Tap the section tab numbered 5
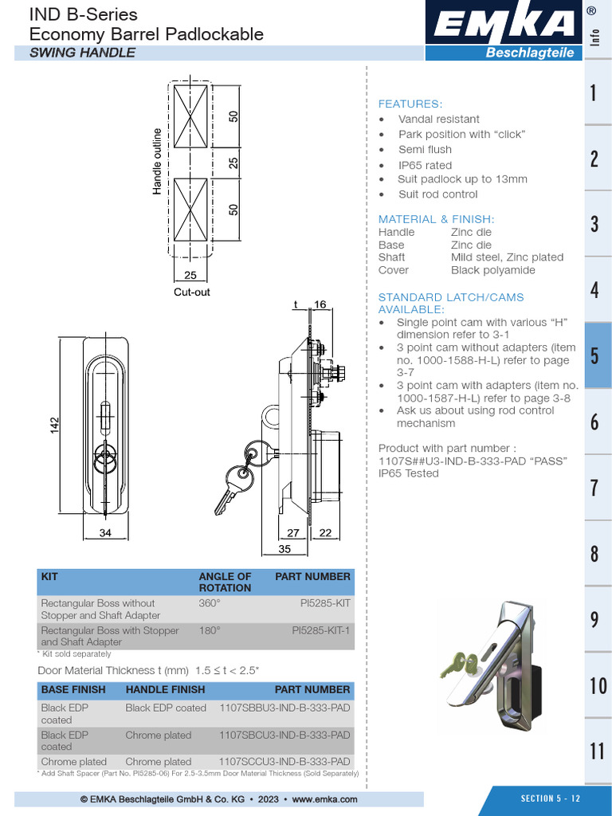click(594, 355)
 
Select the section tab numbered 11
click(598, 750)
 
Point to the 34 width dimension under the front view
click(105, 533)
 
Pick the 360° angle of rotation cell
click(210, 603)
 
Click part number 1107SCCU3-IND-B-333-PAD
click(284, 761)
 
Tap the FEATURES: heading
click(410, 104)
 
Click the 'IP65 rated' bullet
click(425, 165)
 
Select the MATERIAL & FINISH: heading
click(436, 219)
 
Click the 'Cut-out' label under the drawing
click(191, 292)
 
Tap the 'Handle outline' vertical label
click(157, 161)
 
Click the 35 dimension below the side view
click(284, 549)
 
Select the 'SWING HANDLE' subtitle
click(82, 53)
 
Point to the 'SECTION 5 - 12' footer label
click(551, 798)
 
